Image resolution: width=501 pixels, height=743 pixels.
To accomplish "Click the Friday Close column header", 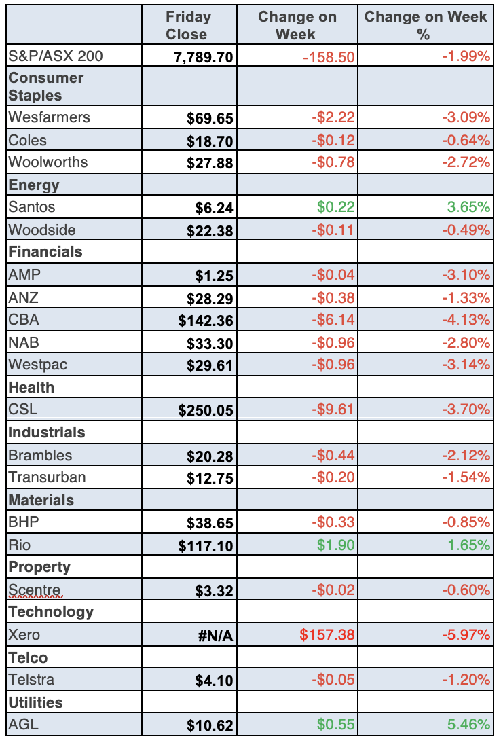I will tap(188, 25).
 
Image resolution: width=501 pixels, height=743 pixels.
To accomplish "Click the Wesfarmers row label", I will tap(49, 117).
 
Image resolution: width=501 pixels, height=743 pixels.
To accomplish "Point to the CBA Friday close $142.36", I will tap(206, 320).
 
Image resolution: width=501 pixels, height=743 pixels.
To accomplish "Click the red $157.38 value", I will tap(327, 636).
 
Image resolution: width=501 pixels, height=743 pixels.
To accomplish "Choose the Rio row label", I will tap(20, 544).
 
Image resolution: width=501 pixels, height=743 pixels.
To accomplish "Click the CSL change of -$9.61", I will tap(333, 410).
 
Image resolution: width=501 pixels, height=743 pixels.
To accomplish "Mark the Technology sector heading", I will tap(51, 612).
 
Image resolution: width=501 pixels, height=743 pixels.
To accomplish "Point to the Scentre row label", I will tap(35, 590).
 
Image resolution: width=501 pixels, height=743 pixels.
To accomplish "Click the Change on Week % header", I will tap(426, 25).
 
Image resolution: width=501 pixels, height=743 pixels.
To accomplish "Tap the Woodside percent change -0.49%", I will tap(466, 230).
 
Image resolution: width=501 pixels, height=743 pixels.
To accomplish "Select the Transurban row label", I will tap(47, 477).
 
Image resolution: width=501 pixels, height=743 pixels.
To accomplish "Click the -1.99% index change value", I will tap(466, 57).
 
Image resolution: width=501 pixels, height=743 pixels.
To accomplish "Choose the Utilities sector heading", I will tap(35, 702).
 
